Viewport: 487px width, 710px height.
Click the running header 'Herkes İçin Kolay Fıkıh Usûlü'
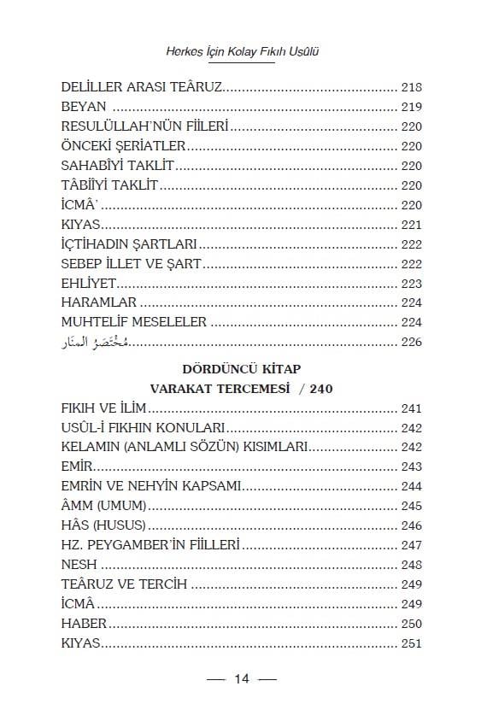click(243, 51)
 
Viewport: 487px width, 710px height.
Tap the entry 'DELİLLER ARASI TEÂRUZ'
click(142, 88)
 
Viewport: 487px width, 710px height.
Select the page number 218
click(411, 88)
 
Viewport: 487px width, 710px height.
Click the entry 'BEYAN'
click(84, 107)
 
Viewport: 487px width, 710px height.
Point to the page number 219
click(411, 107)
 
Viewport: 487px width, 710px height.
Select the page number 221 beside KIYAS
click(411, 225)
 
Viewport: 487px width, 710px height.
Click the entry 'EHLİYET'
click(89, 283)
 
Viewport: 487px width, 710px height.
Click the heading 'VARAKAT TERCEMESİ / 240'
click(243, 388)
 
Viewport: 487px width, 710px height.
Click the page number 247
click(411, 544)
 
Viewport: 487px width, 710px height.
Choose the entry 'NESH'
click(79, 564)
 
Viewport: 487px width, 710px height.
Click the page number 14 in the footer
click(243, 679)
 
